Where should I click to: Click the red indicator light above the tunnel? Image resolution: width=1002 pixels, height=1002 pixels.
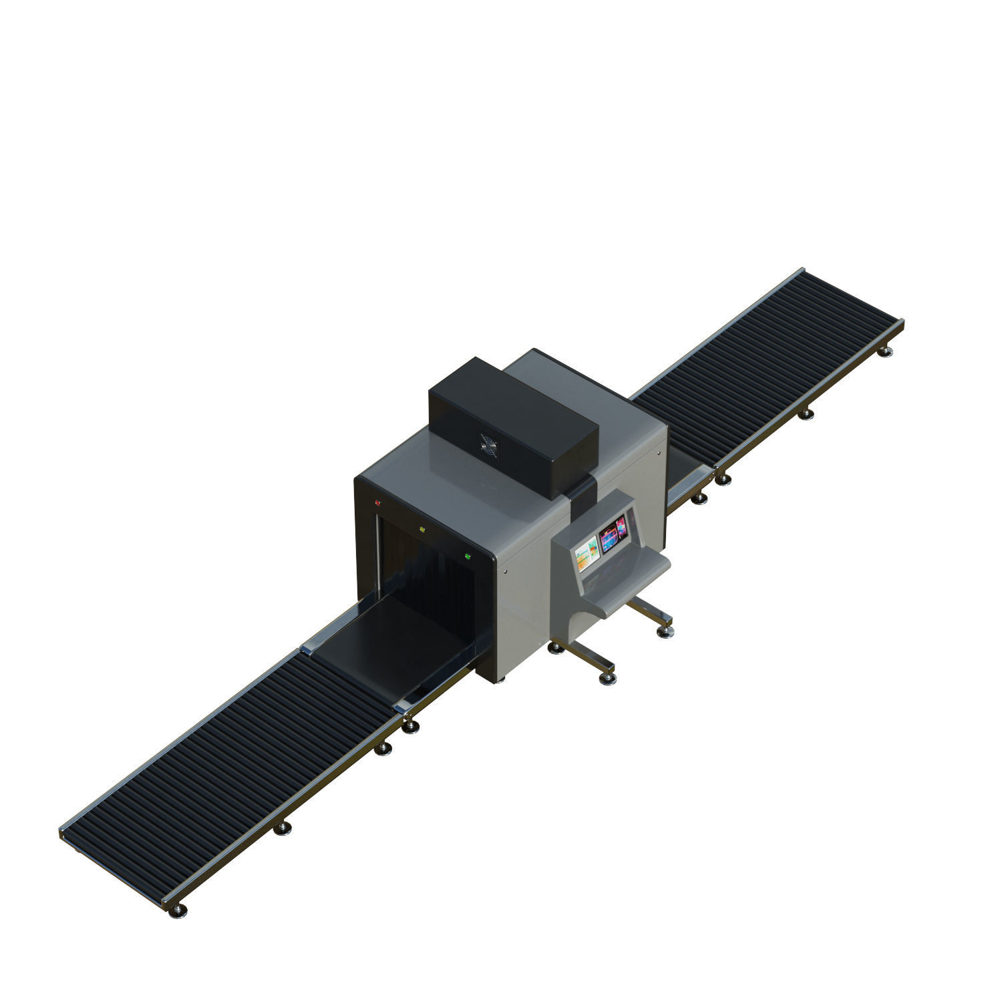(x=377, y=502)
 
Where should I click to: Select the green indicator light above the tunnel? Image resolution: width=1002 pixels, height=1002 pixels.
(x=468, y=556)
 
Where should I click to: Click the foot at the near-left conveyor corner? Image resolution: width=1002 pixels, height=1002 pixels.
(x=180, y=910)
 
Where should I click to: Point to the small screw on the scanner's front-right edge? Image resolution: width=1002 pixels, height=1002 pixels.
(x=505, y=571)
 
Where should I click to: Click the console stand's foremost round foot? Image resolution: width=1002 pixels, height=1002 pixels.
(x=607, y=678)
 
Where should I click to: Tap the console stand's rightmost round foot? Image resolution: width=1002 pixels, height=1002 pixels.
(x=666, y=630)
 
